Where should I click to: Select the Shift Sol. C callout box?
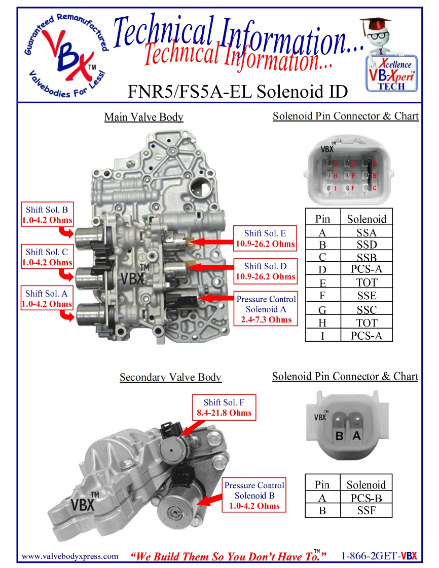(x=47, y=257)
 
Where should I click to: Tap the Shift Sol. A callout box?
(x=47, y=299)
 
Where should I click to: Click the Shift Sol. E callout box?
(x=265, y=238)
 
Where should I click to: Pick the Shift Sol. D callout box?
(x=265, y=271)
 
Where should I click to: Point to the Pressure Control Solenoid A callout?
(x=266, y=309)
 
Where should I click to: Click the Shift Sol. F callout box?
(x=224, y=408)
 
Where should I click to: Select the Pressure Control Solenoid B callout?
(x=254, y=496)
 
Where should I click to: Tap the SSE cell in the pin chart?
(x=366, y=296)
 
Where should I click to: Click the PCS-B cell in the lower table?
(x=366, y=498)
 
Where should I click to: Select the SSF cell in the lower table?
(x=366, y=511)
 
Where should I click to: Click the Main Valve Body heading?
(x=143, y=117)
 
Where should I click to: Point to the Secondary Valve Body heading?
(x=170, y=378)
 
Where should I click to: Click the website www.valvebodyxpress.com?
(x=70, y=556)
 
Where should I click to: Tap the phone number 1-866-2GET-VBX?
(x=378, y=556)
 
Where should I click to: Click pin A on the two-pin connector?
(x=357, y=435)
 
